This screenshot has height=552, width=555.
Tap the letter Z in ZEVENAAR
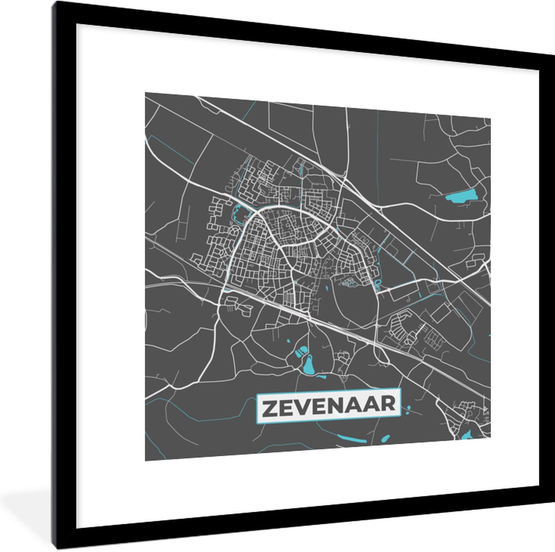[270, 408]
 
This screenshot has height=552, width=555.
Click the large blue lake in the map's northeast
[460, 197]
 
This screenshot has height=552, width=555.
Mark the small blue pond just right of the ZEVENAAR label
[408, 409]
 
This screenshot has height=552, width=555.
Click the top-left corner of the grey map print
[146, 93]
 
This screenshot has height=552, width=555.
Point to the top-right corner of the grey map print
[490, 118]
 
